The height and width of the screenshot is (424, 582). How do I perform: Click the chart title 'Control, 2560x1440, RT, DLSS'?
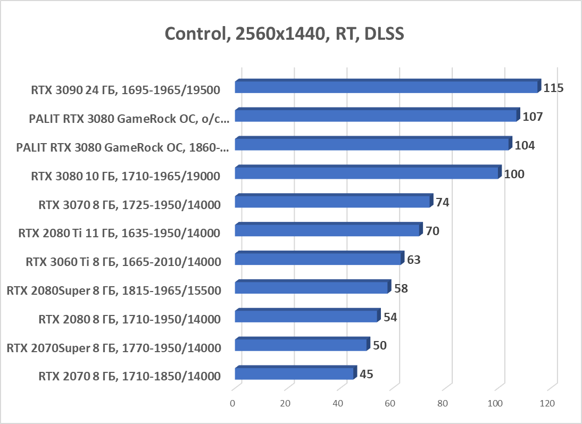(285, 34)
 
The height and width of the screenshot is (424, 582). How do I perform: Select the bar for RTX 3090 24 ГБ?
(386, 87)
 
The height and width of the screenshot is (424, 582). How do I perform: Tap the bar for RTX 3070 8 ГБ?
(332, 202)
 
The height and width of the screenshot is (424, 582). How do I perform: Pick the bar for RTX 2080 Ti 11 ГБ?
(327, 230)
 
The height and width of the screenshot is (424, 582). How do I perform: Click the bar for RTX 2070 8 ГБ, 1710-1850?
(294, 374)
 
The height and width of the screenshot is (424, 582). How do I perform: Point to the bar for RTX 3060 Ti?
(318, 259)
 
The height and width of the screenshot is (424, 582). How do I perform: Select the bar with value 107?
(376, 116)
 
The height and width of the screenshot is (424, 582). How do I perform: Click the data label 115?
(553, 88)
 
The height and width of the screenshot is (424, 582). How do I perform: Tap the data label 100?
(514, 174)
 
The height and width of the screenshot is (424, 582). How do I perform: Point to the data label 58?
(401, 289)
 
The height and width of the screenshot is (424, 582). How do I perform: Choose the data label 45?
(366, 374)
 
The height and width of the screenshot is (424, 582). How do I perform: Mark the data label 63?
(414, 260)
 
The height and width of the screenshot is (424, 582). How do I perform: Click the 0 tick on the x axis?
(232, 404)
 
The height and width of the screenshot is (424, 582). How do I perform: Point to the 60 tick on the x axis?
(390, 404)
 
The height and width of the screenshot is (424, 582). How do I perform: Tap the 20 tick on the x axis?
(285, 404)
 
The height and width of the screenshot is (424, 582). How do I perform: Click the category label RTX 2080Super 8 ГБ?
(113, 290)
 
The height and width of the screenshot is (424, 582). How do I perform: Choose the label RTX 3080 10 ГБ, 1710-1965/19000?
(126, 176)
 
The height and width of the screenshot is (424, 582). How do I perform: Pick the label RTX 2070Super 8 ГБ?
(113, 348)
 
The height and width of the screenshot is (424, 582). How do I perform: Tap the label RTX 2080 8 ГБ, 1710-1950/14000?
(129, 319)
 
